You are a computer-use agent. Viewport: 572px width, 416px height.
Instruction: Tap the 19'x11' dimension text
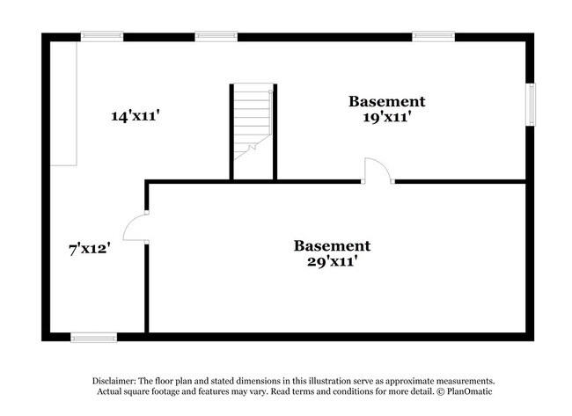click(x=386, y=117)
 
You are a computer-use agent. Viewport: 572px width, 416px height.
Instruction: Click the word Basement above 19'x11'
click(x=386, y=101)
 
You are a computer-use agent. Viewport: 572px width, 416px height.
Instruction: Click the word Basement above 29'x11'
click(x=332, y=245)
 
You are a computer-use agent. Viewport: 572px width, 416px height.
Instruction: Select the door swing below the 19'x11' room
click(x=376, y=171)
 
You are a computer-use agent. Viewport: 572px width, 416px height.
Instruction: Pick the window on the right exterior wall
click(x=530, y=104)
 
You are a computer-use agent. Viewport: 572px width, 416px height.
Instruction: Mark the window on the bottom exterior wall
click(x=93, y=337)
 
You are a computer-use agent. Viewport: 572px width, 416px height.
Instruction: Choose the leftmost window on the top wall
click(x=102, y=36)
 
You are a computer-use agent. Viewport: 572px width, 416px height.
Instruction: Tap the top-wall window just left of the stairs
click(x=216, y=36)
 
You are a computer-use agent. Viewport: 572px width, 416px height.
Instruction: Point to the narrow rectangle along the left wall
click(x=63, y=103)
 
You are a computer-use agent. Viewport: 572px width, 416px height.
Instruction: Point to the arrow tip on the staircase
click(x=270, y=91)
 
